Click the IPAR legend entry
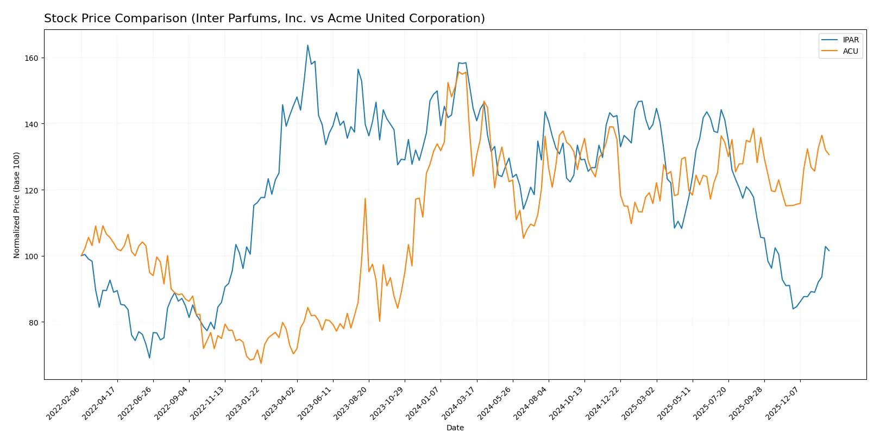point(850,40)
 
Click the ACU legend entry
point(850,51)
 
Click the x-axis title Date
point(455,428)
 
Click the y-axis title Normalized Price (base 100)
point(16,205)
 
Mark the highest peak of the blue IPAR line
point(307,45)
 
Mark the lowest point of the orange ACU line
point(261,363)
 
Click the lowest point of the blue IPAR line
point(149,358)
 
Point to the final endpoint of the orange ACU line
point(829,155)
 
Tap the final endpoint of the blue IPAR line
point(829,250)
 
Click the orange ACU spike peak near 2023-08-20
point(365,198)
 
